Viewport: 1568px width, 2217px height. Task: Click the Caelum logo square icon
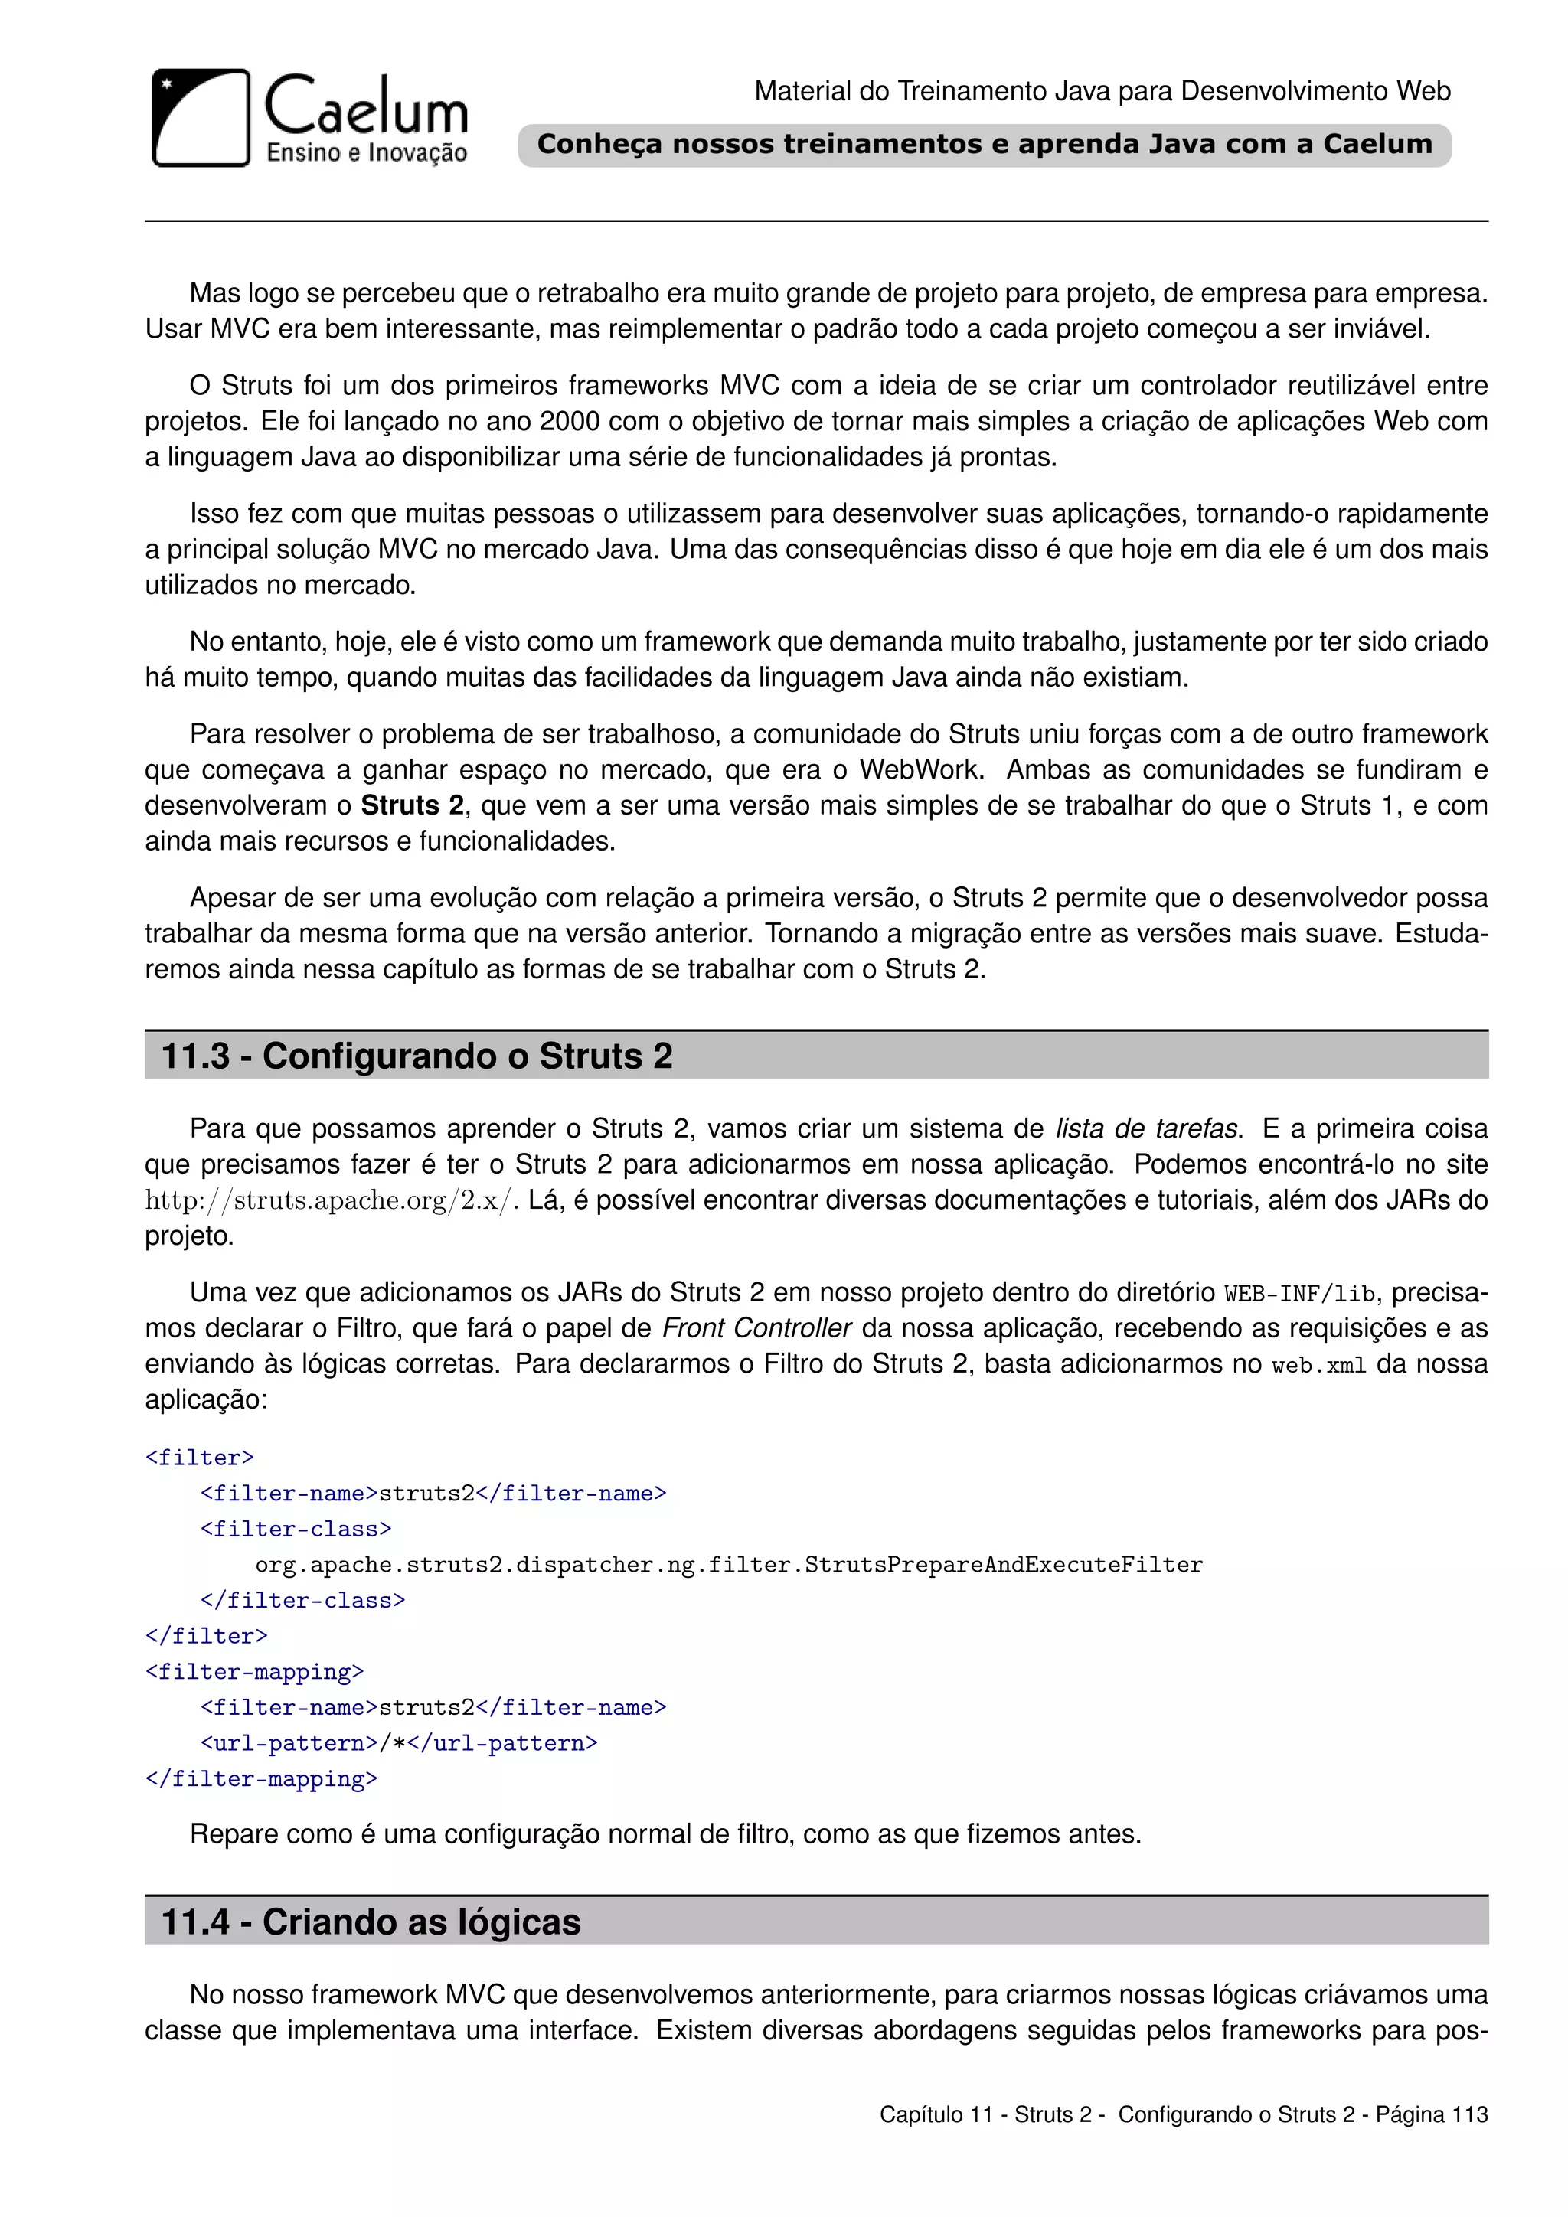(x=201, y=118)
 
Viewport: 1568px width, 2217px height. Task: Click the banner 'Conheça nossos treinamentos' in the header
(x=984, y=145)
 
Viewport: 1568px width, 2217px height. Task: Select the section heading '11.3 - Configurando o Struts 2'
(x=417, y=1056)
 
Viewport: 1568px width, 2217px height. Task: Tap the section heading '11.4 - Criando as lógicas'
(x=371, y=1922)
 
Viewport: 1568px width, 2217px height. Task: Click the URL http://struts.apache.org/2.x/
(x=332, y=1200)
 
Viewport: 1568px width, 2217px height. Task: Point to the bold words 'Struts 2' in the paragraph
(x=412, y=805)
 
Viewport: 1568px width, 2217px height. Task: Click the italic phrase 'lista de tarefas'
(x=1146, y=1128)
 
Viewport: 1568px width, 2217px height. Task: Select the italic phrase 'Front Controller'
(x=756, y=1329)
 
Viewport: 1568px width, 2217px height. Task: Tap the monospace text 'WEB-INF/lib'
(x=1299, y=1294)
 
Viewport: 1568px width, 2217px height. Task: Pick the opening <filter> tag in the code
(x=199, y=1457)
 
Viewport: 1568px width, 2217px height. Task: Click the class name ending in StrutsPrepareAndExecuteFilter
(x=729, y=1564)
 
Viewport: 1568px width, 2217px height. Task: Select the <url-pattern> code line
(x=399, y=1743)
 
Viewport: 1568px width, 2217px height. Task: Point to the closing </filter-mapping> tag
(x=260, y=1778)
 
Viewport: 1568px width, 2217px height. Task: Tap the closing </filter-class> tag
(x=302, y=1600)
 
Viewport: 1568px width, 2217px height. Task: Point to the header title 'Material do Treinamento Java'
(x=1102, y=91)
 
